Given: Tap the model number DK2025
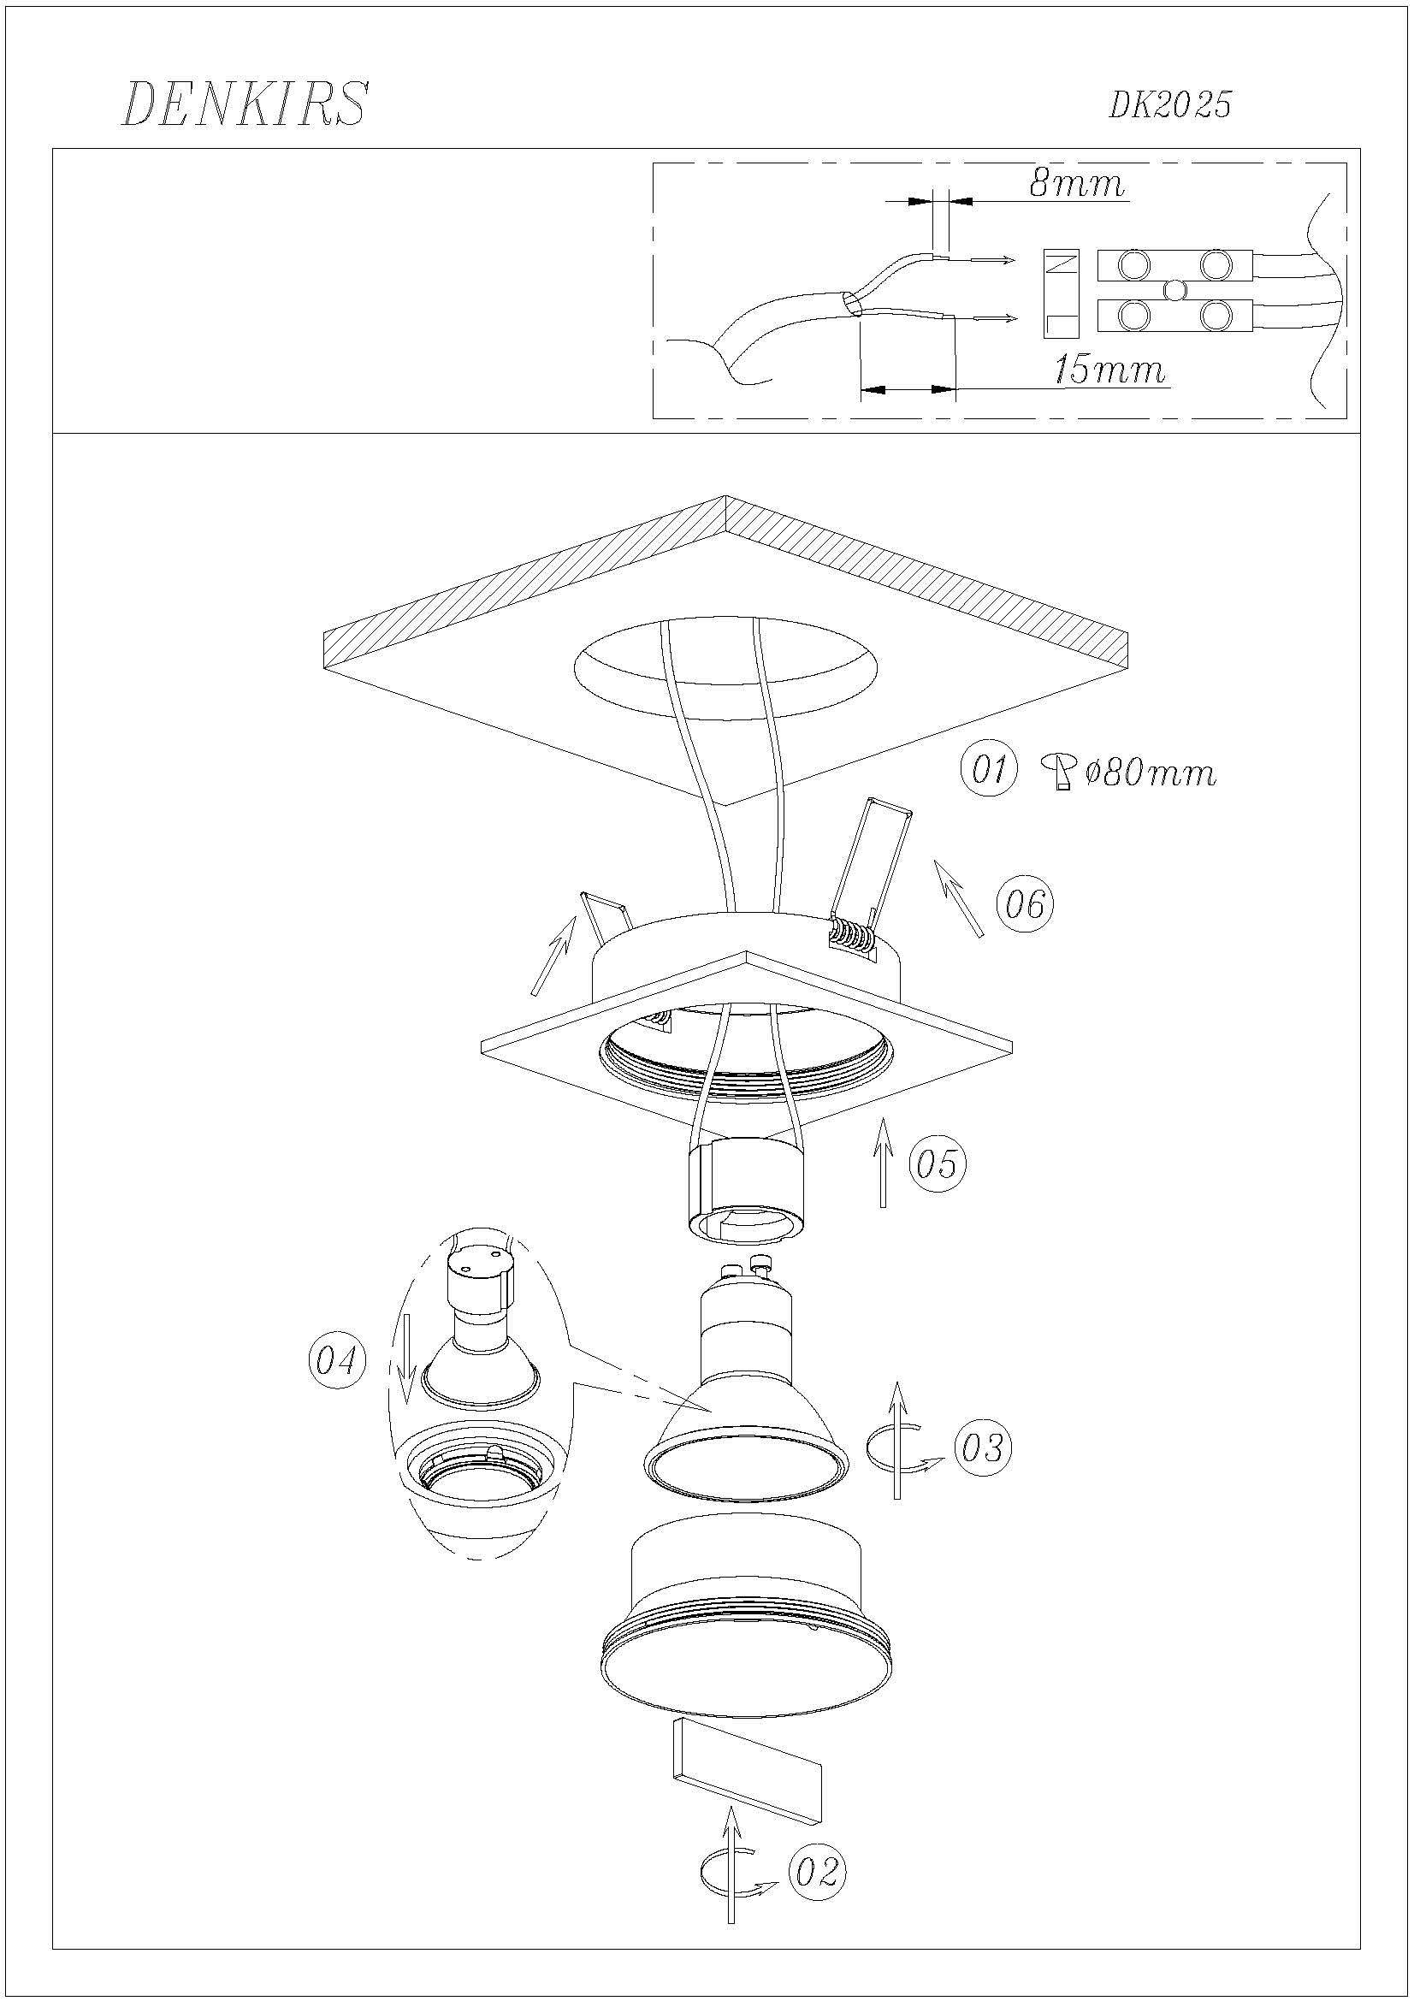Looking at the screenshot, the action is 1169,105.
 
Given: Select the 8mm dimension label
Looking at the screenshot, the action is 1077,183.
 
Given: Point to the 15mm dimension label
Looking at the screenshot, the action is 1109,370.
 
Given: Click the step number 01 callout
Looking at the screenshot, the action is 988,771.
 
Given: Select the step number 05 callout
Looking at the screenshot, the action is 938,1163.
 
